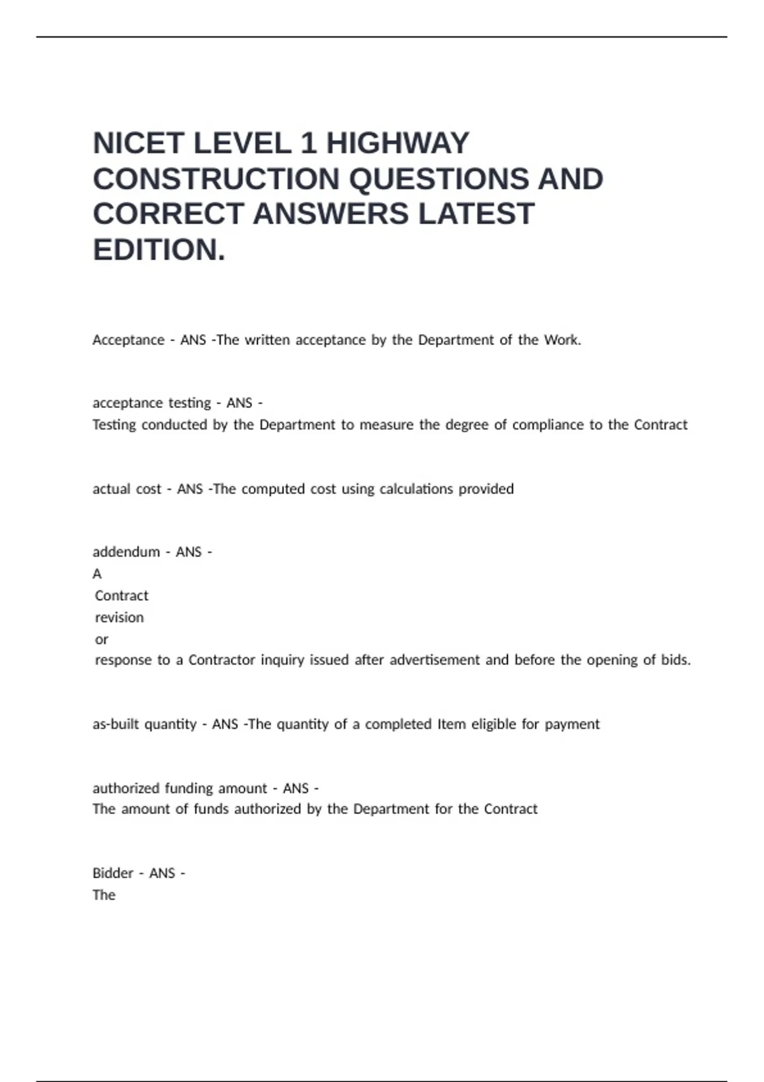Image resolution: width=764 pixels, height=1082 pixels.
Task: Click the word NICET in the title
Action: click(x=138, y=143)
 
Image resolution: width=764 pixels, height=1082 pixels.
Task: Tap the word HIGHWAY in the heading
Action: click(x=398, y=143)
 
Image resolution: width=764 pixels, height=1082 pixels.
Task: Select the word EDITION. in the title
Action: click(x=159, y=250)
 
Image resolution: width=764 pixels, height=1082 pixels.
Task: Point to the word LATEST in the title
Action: click(x=476, y=214)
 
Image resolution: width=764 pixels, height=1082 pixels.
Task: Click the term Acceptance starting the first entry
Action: click(x=129, y=340)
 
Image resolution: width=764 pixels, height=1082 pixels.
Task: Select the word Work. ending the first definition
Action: click(x=562, y=340)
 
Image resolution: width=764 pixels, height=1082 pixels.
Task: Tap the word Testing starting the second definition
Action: click(x=114, y=425)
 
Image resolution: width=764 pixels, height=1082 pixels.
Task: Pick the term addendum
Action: click(x=126, y=552)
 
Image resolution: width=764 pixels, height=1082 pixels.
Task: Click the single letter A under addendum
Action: click(x=97, y=574)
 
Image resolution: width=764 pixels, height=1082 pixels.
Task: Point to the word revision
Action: click(x=119, y=617)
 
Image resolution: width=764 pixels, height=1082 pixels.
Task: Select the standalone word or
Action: click(x=101, y=639)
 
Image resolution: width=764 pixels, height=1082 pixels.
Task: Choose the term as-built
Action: click(x=113, y=724)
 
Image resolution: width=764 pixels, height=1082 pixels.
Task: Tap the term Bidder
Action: click(x=113, y=873)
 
